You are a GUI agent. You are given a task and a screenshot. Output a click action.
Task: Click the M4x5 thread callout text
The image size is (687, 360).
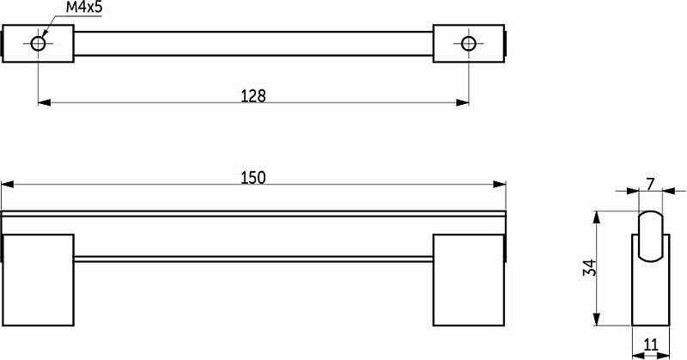pos(83,8)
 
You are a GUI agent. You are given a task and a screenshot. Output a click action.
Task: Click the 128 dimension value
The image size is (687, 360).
pos(253,95)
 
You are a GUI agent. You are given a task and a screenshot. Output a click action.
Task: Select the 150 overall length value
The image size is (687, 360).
pos(253,178)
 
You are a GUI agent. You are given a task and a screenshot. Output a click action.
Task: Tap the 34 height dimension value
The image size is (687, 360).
pos(590,268)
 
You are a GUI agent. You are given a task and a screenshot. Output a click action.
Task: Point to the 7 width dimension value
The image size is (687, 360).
pos(651,185)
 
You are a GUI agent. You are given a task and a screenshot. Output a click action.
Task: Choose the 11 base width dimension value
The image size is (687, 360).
pos(651,345)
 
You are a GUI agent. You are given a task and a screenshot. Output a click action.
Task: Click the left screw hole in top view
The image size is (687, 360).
pos(38,44)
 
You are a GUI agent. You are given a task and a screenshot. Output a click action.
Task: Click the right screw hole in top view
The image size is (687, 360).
pos(468,44)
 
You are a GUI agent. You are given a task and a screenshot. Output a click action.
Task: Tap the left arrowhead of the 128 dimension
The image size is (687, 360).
pos(45,102)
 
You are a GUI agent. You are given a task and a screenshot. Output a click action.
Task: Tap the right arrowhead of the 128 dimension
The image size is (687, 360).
pos(462,102)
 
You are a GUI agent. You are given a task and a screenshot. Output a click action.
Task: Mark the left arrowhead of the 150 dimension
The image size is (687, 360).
pos(8,185)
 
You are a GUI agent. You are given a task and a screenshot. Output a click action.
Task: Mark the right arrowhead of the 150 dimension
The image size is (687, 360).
pos(500,185)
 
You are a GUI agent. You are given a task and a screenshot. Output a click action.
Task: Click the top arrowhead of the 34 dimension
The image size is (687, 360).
pos(596,217)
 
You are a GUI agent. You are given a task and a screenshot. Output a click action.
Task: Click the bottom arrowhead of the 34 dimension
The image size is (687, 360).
pos(596,320)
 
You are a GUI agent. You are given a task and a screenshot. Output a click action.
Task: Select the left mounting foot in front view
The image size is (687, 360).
pos(38,280)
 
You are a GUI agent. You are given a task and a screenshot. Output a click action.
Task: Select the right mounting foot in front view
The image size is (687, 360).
pos(469,280)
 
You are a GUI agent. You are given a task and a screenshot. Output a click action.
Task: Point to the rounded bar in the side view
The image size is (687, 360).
pos(651,237)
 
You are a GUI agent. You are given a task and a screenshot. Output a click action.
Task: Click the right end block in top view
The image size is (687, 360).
pos(469,44)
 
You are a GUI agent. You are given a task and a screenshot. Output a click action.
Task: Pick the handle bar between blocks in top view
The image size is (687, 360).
pos(253,44)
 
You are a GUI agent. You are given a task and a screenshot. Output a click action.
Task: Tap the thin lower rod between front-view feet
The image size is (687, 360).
pos(253,259)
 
